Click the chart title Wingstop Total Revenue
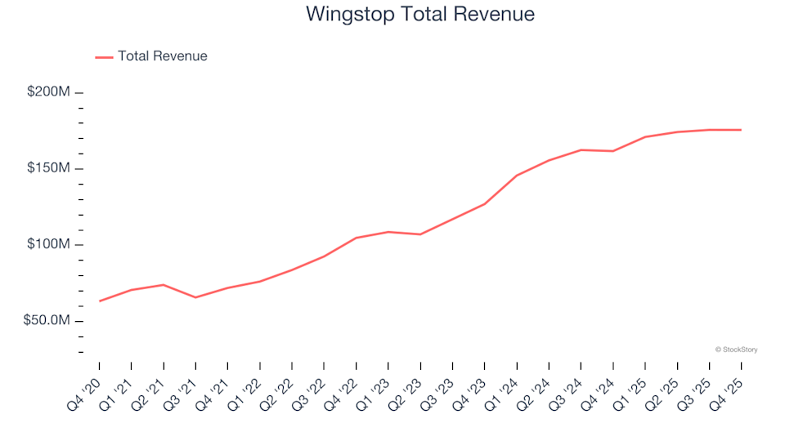tap(420, 15)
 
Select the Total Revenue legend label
tap(162, 56)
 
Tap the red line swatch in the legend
tap(104, 57)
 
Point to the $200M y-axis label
tap(48, 92)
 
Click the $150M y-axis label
tap(48, 168)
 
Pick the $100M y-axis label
tap(48, 245)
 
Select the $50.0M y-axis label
tap(46, 321)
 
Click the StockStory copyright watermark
tap(736, 350)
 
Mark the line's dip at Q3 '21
tap(195, 297)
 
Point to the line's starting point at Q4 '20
tap(100, 301)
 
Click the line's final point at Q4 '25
tap(741, 130)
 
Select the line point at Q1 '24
tap(517, 176)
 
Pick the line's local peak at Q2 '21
tap(164, 285)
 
